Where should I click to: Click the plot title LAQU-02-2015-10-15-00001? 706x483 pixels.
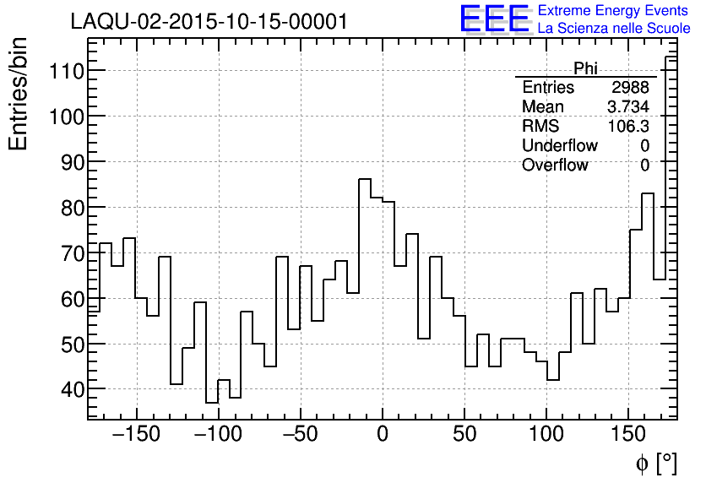(209, 21)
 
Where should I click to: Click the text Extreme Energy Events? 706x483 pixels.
(612, 11)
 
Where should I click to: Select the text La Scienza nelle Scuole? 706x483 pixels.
(614, 29)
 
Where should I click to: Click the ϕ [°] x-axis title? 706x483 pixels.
(656, 463)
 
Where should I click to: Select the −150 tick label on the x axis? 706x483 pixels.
(135, 436)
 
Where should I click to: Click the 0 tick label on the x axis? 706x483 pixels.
(382, 436)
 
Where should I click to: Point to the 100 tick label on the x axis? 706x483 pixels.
(546, 436)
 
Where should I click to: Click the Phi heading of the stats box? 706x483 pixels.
(585, 68)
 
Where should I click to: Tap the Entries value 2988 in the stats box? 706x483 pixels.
(631, 88)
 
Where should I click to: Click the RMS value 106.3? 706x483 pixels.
(629, 127)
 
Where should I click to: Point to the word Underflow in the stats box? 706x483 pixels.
(559, 146)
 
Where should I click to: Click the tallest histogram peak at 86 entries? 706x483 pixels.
(365, 179)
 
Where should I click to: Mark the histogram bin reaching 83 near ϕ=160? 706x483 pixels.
(648, 193)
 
